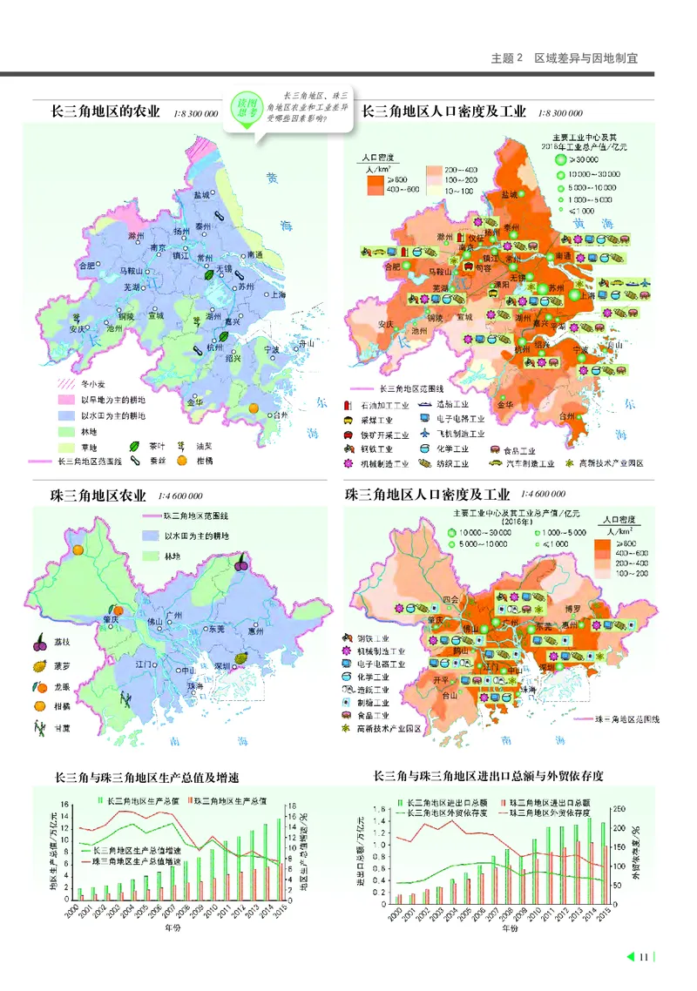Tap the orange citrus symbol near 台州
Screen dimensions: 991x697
pos(254,408)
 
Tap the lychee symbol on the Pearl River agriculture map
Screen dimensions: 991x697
pos(241,563)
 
